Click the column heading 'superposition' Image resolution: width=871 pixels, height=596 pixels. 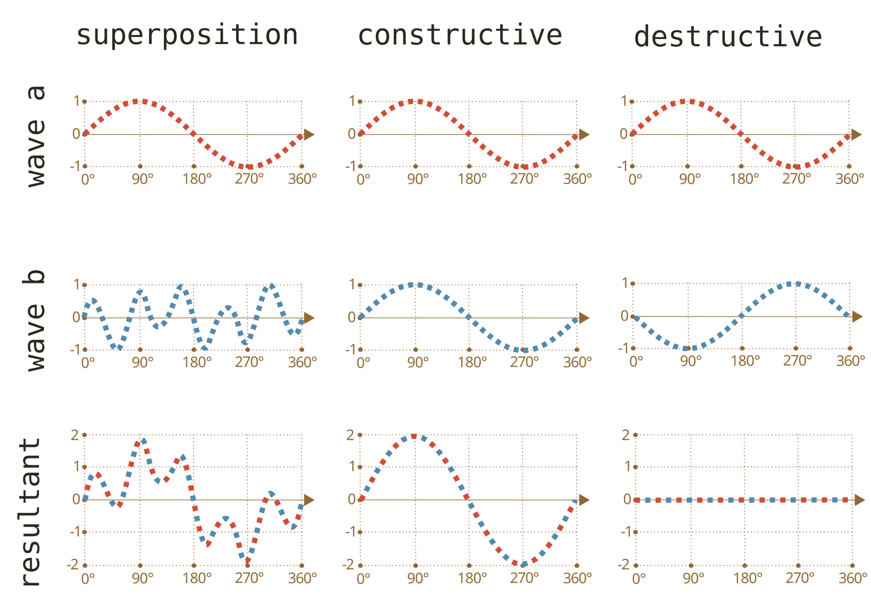click(x=187, y=36)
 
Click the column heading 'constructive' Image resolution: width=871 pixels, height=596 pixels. click(x=460, y=36)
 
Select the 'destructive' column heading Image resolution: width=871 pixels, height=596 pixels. click(x=728, y=37)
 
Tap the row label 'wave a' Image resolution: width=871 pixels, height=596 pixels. click(x=37, y=136)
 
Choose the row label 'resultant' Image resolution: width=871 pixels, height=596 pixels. click(x=31, y=511)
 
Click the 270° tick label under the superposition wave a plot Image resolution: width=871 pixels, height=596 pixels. click(x=249, y=179)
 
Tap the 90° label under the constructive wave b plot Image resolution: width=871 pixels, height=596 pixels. click(x=418, y=363)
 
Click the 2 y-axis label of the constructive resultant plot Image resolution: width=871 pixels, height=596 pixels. click(x=350, y=435)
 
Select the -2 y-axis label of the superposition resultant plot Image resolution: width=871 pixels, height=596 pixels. click(x=73, y=564)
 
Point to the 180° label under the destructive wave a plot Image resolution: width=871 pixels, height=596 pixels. click(x=744, y=179)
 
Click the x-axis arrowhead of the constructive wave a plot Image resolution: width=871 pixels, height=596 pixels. click(x=584, y=134)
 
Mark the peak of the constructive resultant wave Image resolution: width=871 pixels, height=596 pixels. click(x=414, y=436)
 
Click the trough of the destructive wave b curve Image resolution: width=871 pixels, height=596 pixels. click(x=688, y=348)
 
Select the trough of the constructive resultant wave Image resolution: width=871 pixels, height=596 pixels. click(x=522, y=564)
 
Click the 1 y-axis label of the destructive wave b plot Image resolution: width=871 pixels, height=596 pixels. click(x=625, y=283)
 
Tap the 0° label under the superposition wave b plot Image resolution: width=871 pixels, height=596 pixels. click(x=88, y=363)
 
